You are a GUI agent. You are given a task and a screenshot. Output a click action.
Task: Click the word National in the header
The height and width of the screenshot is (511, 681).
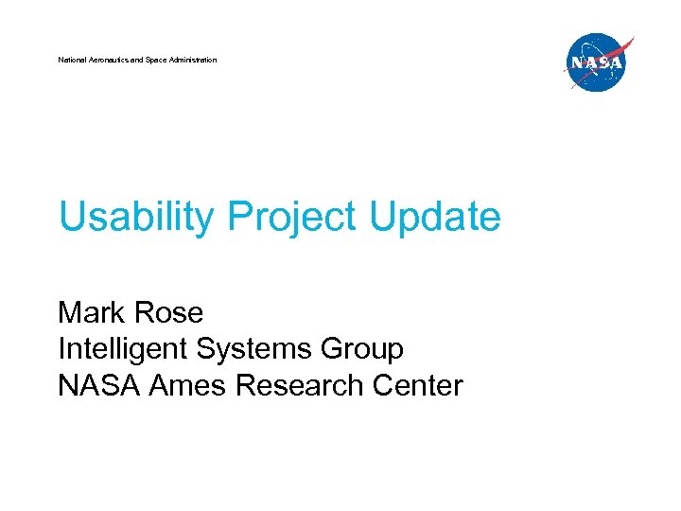(71, 60)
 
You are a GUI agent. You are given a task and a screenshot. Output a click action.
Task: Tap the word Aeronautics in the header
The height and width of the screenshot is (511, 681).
(107, 60)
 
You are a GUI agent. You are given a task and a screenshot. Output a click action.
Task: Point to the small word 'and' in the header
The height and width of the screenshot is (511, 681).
(137, 60)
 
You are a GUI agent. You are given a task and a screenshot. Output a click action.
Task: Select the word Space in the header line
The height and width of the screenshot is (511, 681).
(156, 60)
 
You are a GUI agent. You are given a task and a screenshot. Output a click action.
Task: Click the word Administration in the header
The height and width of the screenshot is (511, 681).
(193, 60)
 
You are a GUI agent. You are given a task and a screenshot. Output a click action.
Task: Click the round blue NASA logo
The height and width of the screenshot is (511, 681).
(596, 63)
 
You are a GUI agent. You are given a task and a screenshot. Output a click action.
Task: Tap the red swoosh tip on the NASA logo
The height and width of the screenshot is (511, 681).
(629, 41)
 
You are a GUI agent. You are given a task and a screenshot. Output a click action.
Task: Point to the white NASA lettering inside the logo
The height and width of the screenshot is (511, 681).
(596, 64)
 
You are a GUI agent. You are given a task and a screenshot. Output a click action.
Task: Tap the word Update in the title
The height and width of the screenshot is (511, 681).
(435, 217)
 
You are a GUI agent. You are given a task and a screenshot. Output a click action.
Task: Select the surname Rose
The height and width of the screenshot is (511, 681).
(169, 311)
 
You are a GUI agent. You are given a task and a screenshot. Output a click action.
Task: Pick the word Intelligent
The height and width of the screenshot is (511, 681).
(123, 349)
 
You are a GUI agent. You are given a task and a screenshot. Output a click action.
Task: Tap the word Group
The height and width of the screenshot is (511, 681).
(363, 349)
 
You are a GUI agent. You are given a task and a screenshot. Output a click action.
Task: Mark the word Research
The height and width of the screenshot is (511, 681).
(299, 386)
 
